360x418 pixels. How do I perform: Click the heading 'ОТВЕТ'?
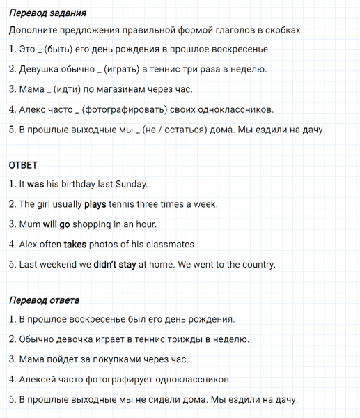pyautogui.click(x=23, y=165)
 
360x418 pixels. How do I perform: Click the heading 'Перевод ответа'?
pyautogui.click(x=44, y=300)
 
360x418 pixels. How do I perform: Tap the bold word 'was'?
pyautogui.click(x=36, y=185)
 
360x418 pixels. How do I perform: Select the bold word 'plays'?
pyautogui.click(x=95, y=204)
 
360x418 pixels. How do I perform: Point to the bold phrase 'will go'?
pyautogui.click(x=57, y=224)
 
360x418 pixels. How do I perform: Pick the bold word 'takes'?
pyautogui.click(x=75, y=245)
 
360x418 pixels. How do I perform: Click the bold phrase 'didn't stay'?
pyautogui.click(x=115, y=265)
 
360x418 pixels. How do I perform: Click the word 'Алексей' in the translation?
pyautogui.click(x=40, y=380)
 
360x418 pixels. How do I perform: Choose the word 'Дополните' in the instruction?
pyautogui.click(x=36, y=31)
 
